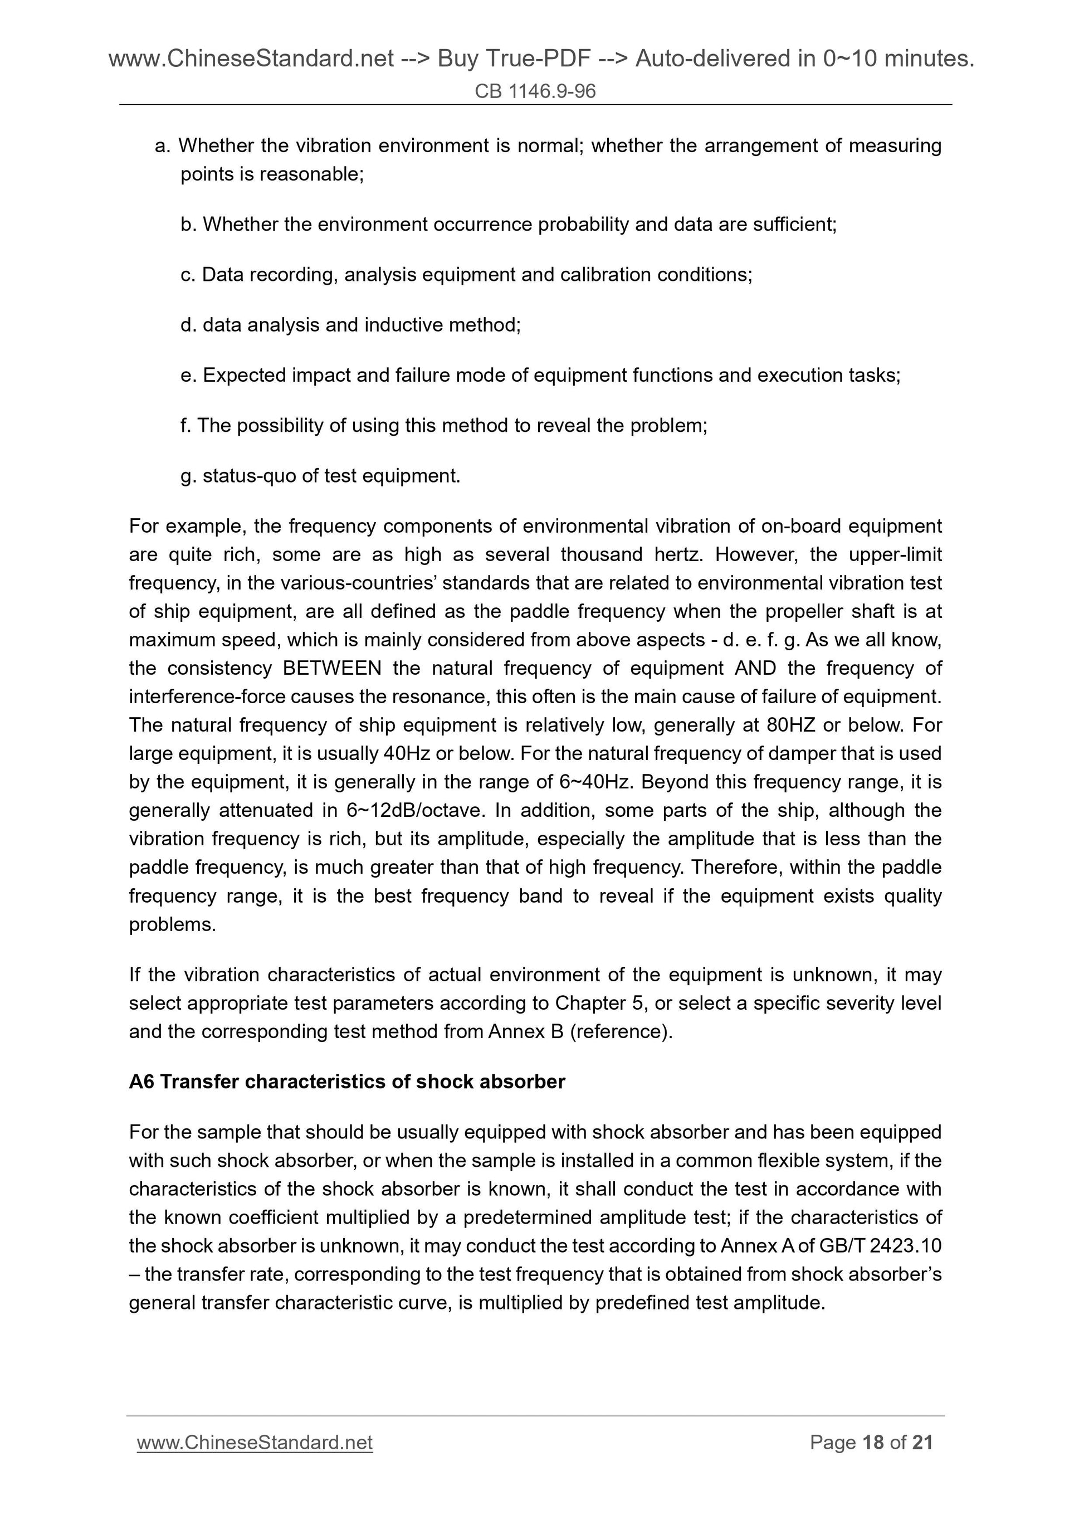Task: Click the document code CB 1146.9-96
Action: pos(535,91)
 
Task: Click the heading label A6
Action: pos(141,1082)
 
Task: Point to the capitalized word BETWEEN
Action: pos(332,668)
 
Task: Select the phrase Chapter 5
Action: pos(600,1003)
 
